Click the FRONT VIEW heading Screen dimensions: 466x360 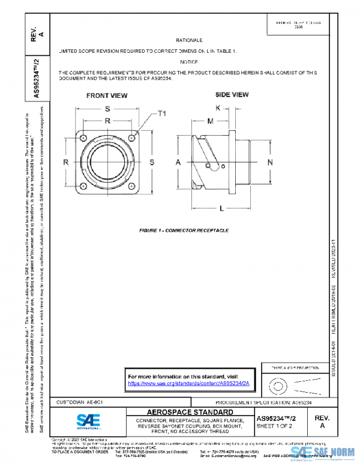point(107,95)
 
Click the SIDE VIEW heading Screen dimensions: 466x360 point(232,95)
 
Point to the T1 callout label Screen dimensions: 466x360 point(161,113)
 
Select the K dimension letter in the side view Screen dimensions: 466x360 point(218,107)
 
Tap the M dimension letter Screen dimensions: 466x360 point(210,121)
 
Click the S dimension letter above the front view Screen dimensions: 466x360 point(107,109)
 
